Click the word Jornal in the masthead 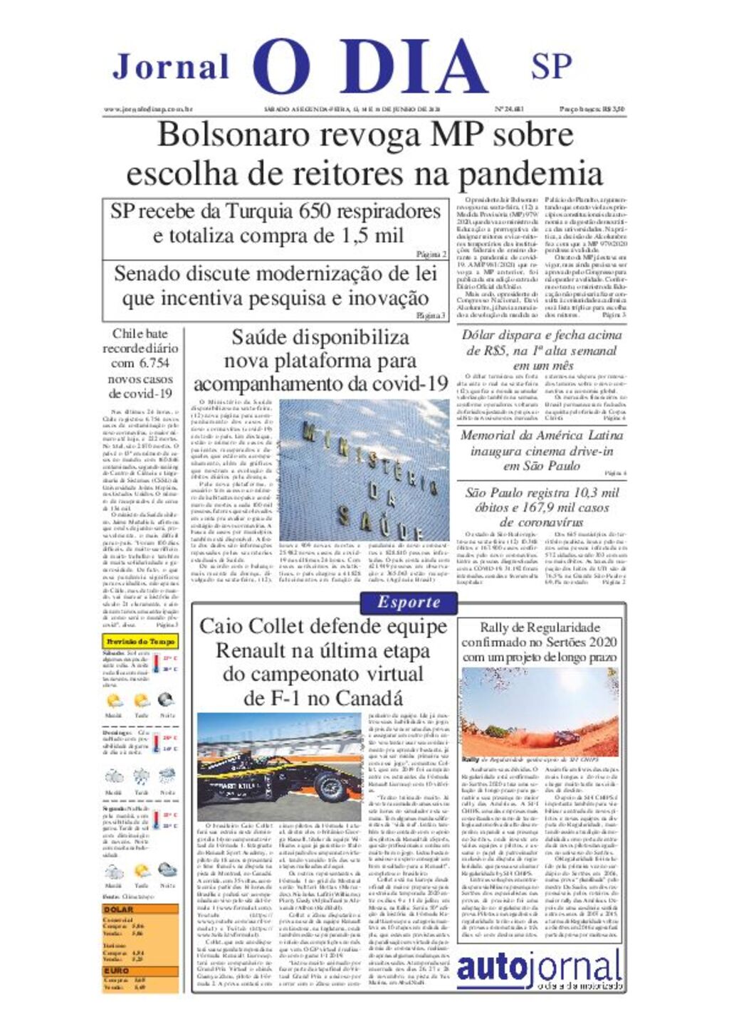(171, 68)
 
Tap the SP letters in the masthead (551, 66)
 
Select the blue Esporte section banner (409, 602)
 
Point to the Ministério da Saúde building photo (364, 470)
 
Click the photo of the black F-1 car (279, 767)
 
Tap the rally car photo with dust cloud (540, 712)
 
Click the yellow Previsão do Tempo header (140, 642)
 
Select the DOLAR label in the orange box (118, 909)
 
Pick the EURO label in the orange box (117, 970)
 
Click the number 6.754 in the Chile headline (154, 364)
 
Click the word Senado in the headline (147, 274)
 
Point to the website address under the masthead (149, 110)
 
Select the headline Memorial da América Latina (541, 435)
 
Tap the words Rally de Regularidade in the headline (540, 628)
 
